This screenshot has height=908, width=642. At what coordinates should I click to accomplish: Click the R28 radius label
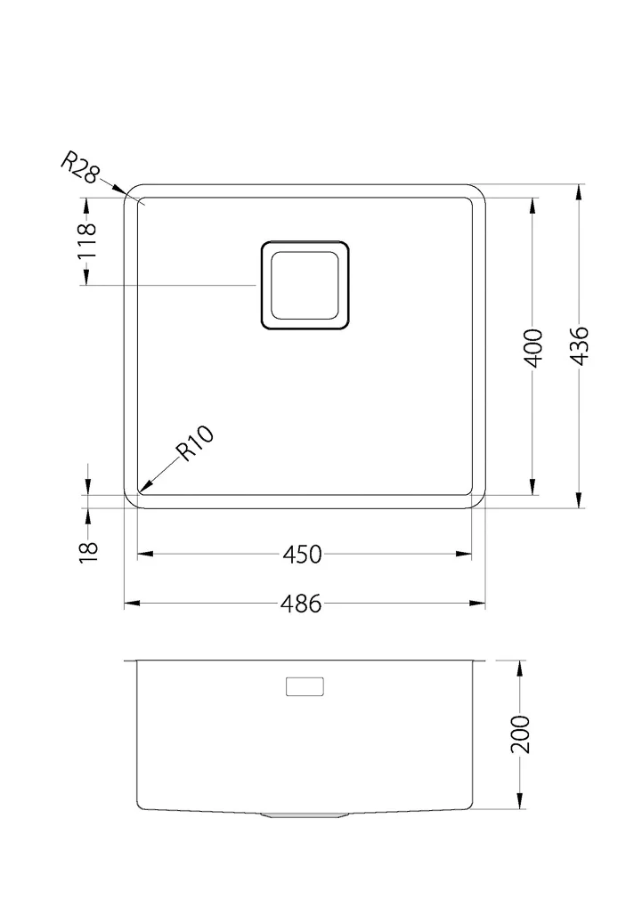[80, 167]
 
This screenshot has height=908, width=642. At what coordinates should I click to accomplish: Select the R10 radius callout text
[195, 443]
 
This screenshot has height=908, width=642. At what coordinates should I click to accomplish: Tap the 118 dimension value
[86, 241]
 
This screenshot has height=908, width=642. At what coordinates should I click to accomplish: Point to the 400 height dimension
[532, 347]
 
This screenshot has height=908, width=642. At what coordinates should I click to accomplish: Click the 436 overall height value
[579, 346]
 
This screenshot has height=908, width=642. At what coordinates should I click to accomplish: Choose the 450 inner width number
[302, 555]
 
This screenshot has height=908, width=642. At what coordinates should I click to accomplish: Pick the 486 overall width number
[301, 604]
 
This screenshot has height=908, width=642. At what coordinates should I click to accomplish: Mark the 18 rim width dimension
[89, 551]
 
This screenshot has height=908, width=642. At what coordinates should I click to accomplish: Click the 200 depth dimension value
[520, 734]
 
